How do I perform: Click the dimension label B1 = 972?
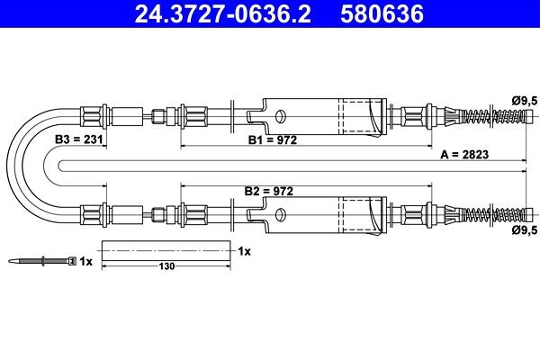pos(273,140)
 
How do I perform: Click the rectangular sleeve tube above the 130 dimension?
pos(166,251)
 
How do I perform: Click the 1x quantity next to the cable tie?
pos(85,262)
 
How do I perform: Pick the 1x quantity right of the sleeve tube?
pos(244,251)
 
